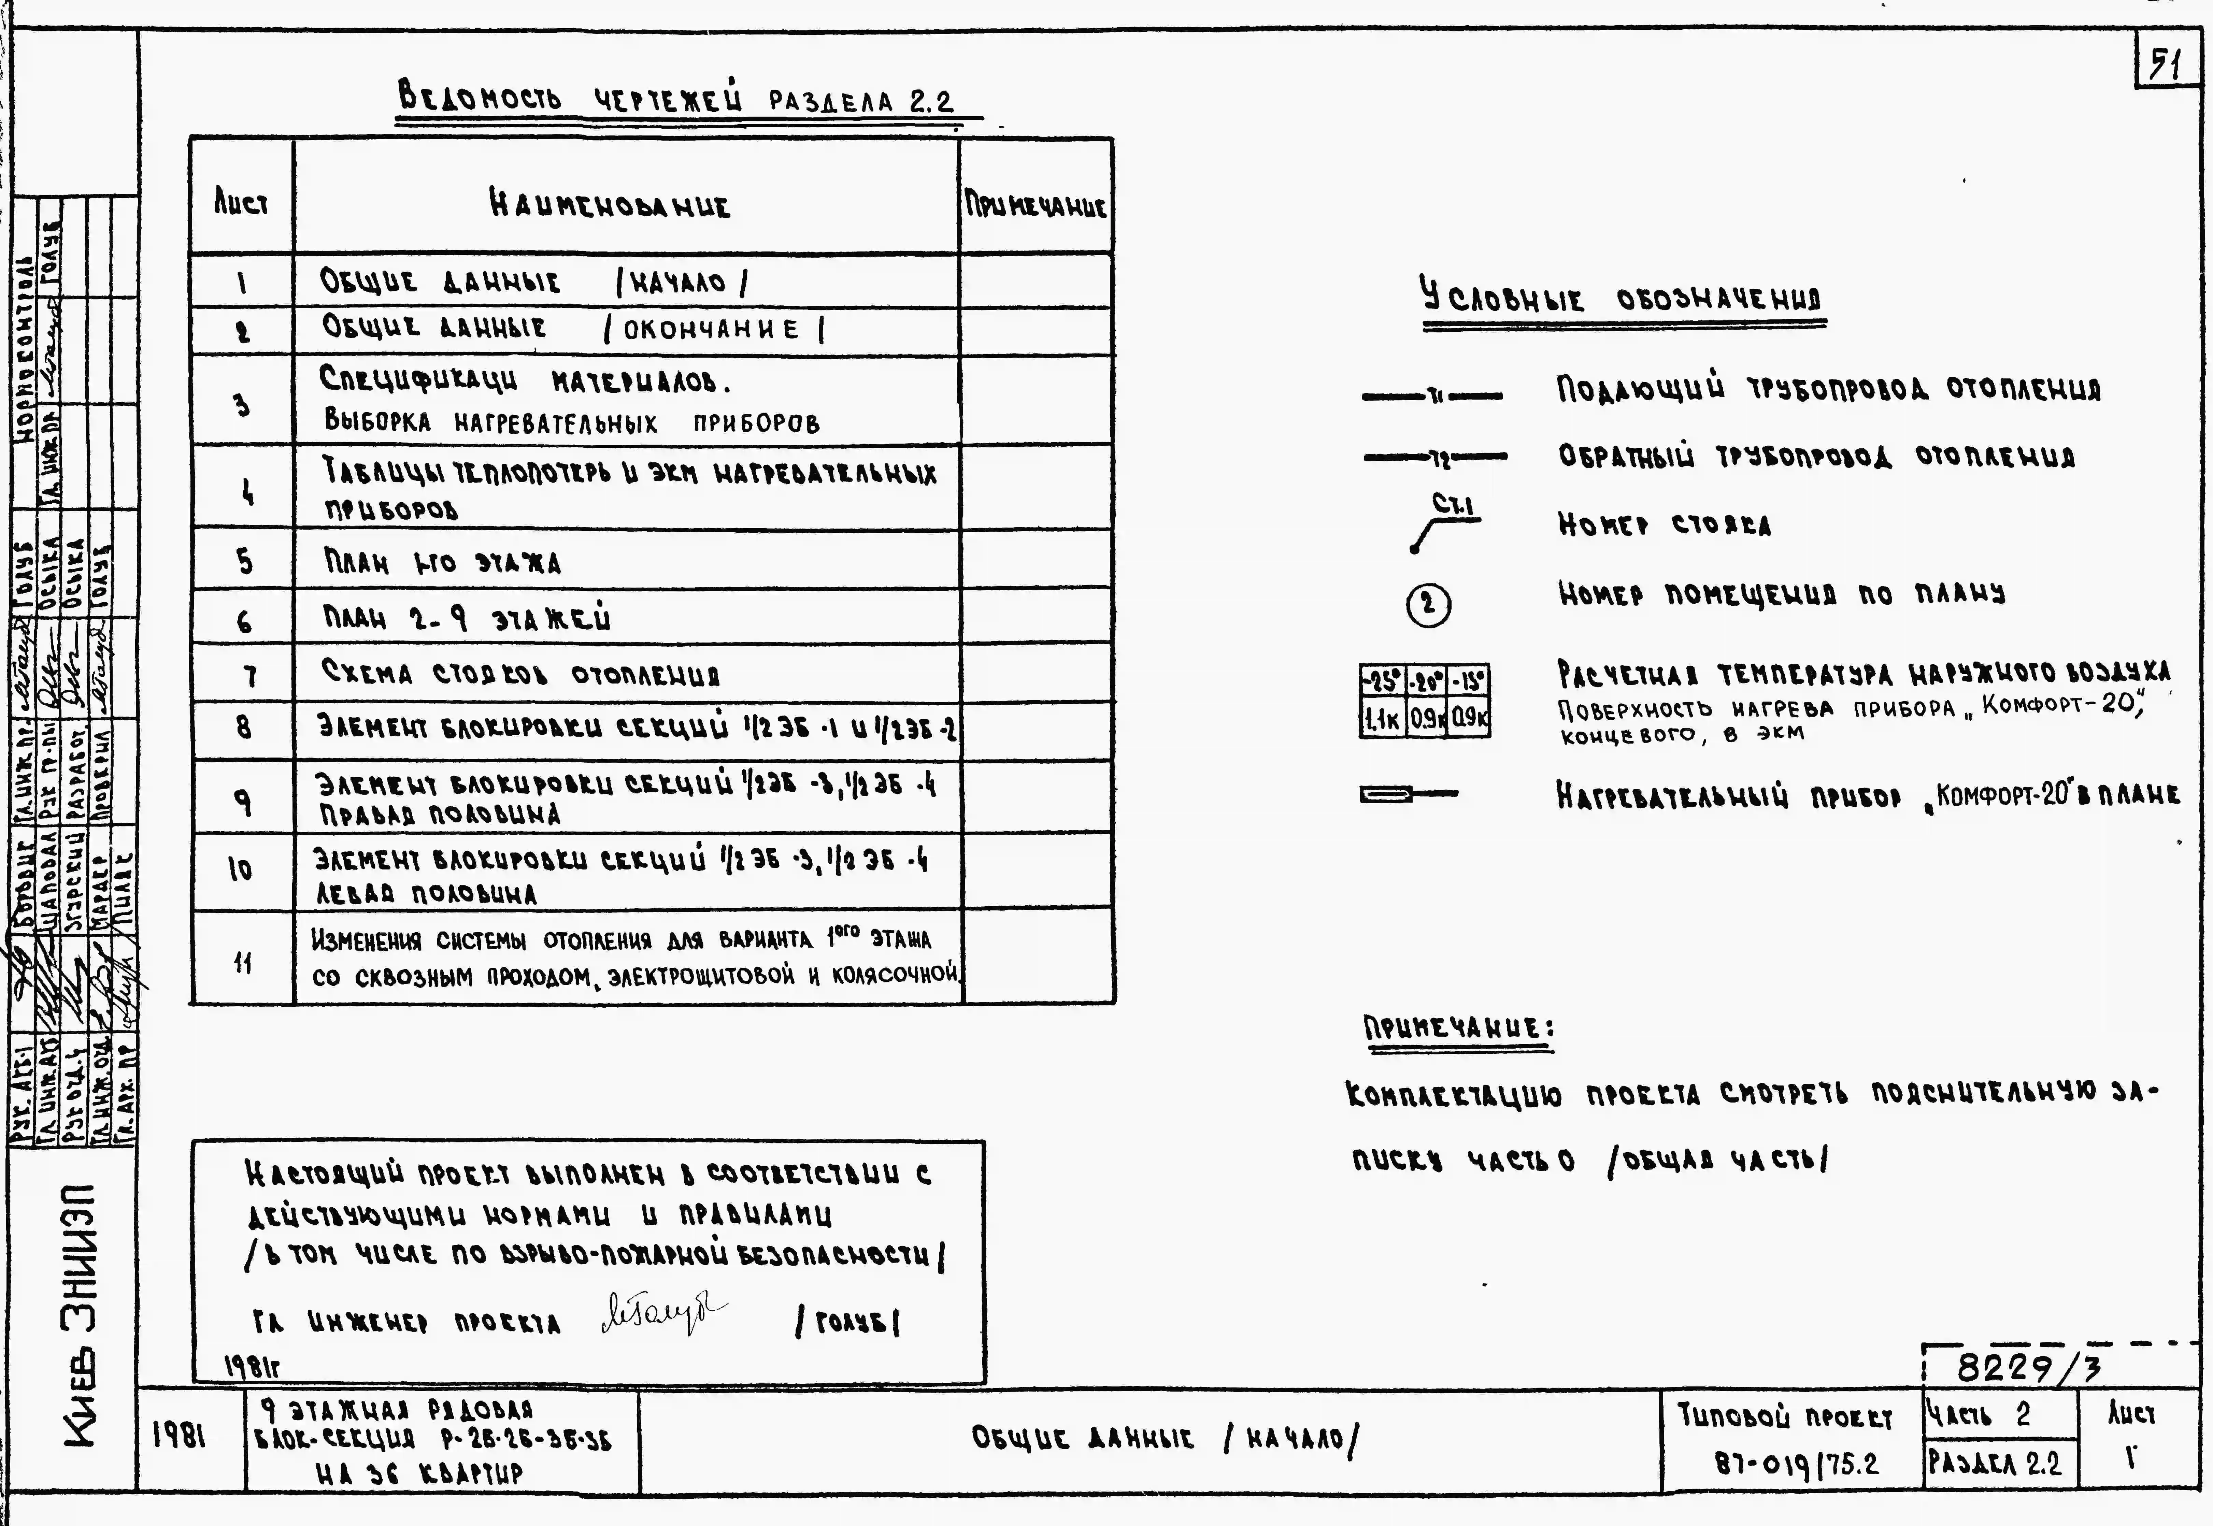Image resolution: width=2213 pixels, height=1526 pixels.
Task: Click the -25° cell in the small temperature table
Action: click(x=1381, y=681)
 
